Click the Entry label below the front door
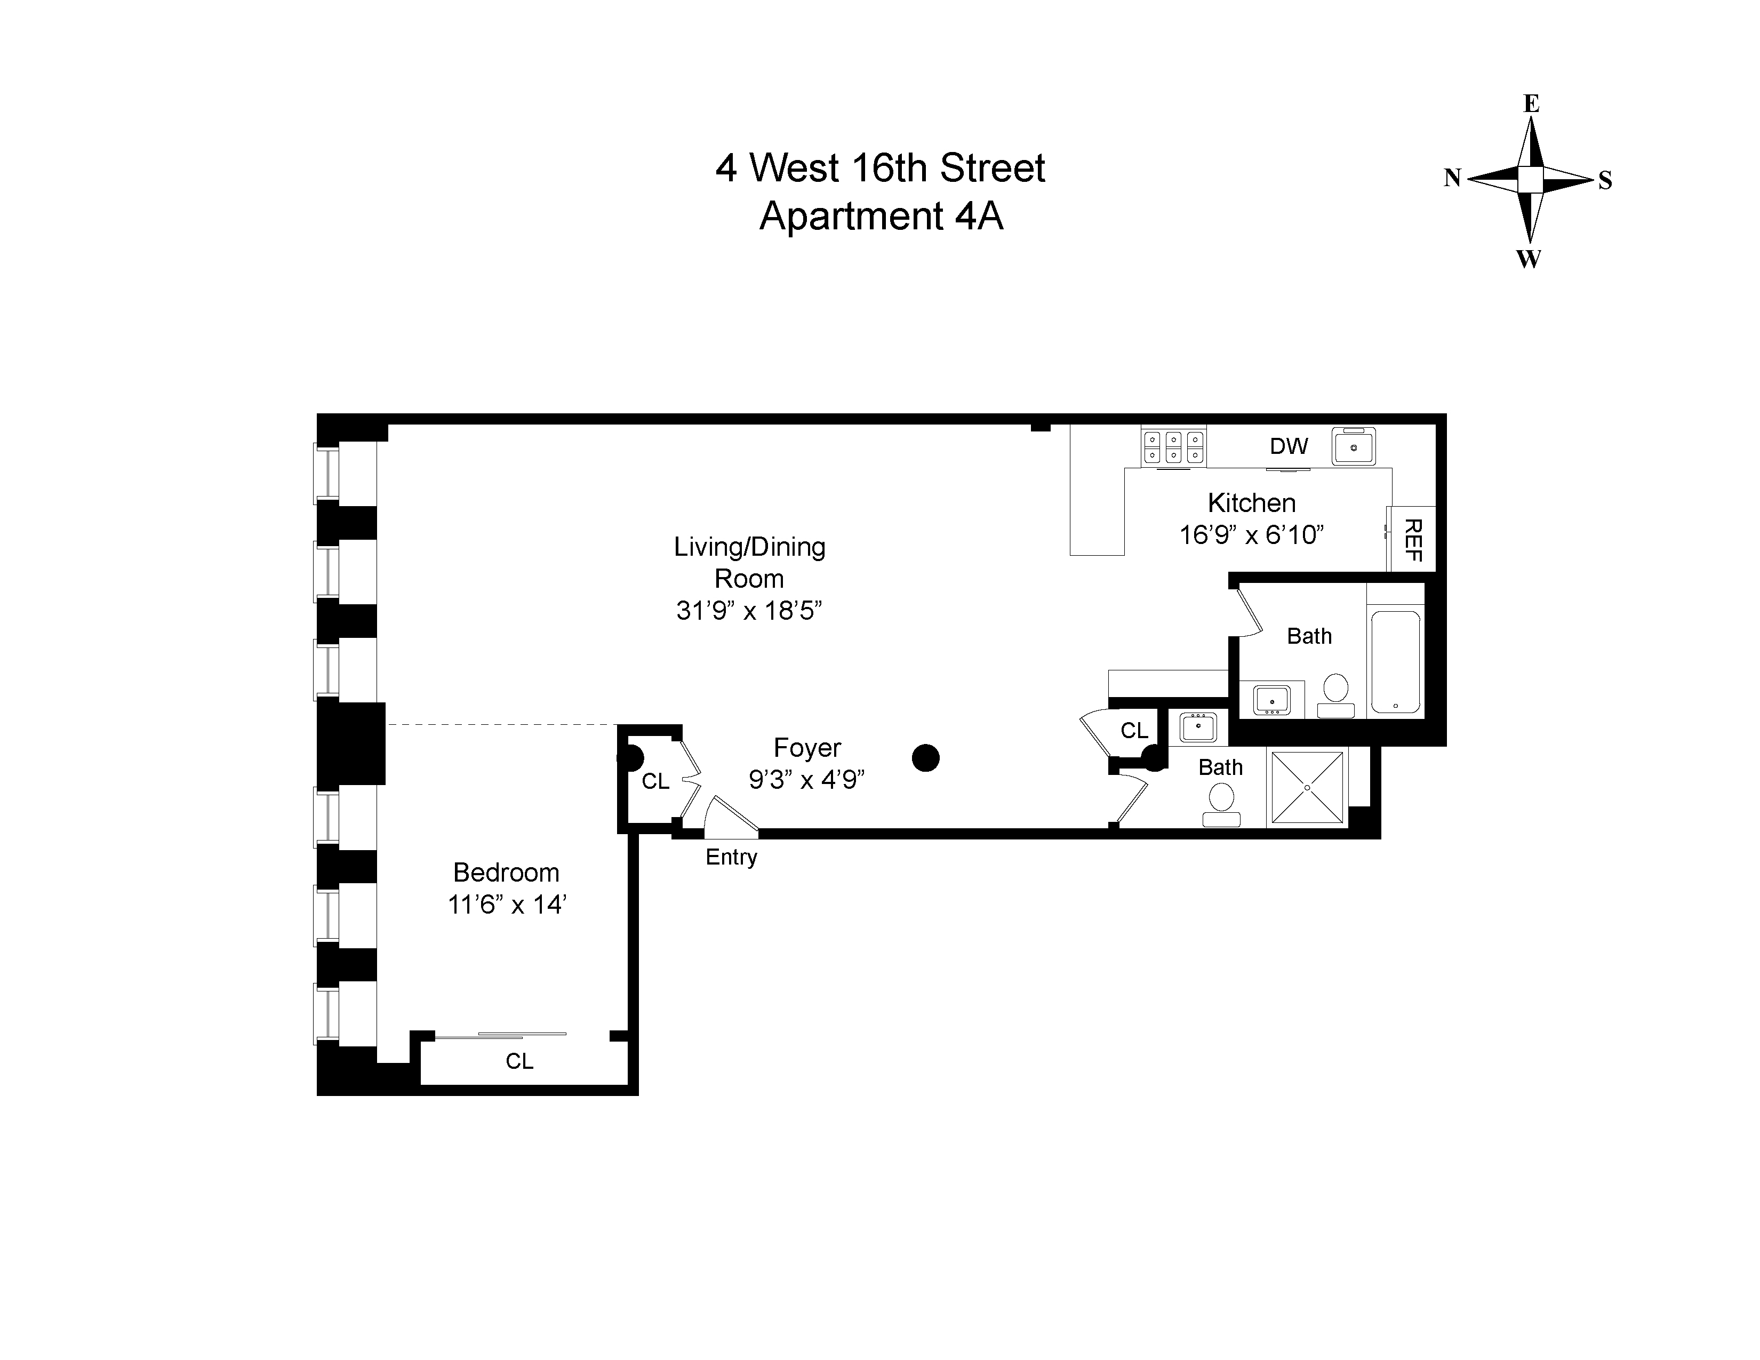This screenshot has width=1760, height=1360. coord(731,857)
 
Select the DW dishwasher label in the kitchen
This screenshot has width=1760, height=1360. coord(1289,446)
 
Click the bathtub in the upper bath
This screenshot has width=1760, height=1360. coord(1395,661)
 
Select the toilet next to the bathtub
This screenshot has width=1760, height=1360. coord(1335,694)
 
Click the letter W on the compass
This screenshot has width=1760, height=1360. coord(1529,259)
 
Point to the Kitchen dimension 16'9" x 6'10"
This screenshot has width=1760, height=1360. coord(1252,535)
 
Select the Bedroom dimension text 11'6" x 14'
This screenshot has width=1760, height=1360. coord(507,905)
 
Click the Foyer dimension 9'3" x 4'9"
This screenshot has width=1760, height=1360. coord(806,780)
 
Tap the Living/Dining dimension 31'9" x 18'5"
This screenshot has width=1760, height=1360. coord(749,611)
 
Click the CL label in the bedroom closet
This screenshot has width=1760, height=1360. coord(520,1061)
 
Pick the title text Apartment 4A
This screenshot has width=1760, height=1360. coord(881,216)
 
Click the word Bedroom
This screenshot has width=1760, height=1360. coord(506,873)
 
